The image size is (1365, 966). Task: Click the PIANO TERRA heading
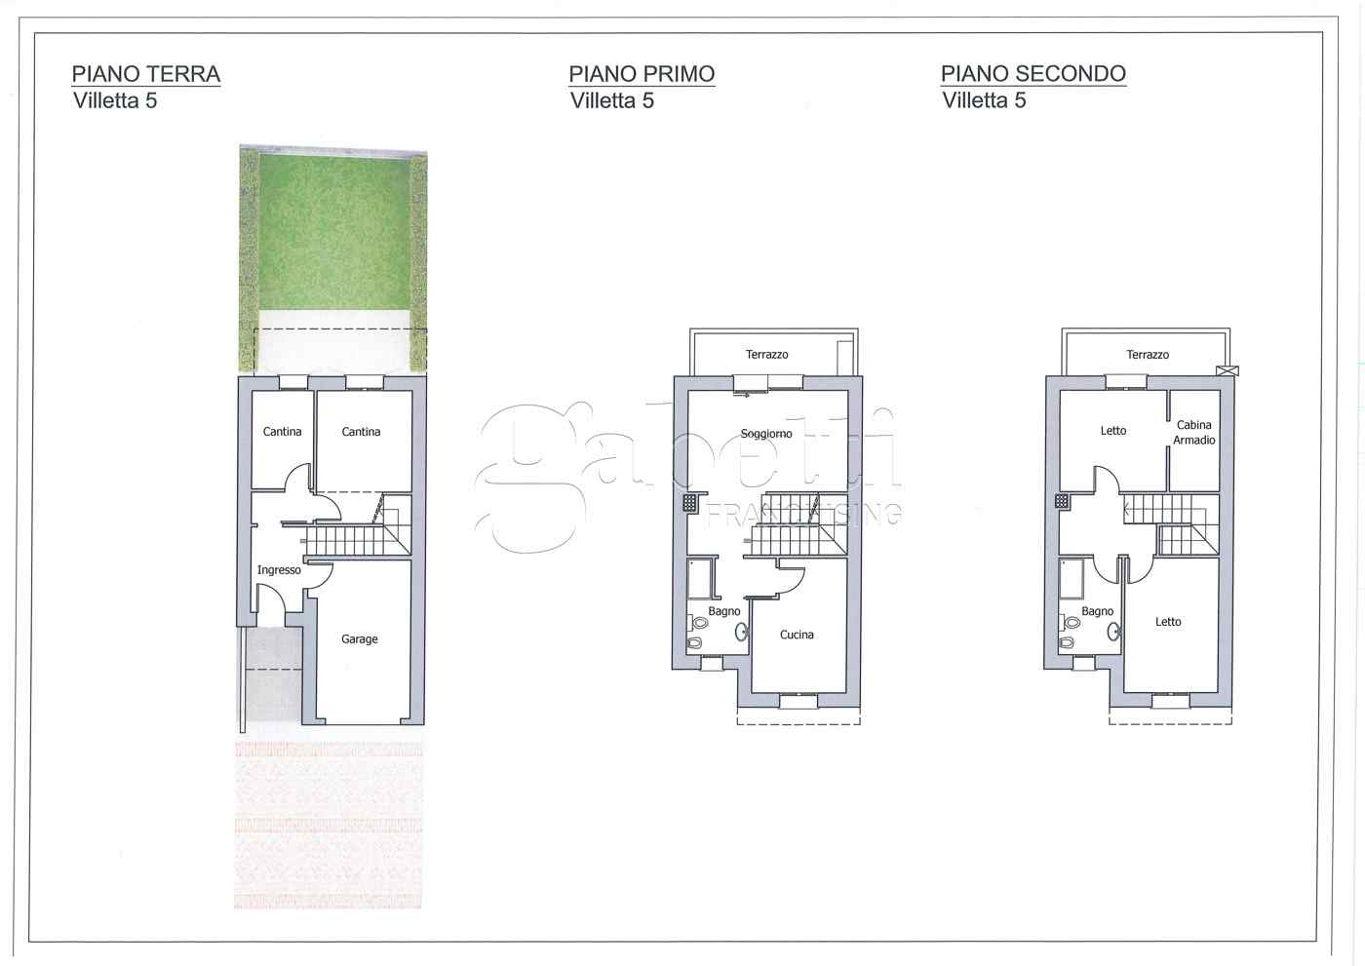pyautogui.click(x=146, y=74)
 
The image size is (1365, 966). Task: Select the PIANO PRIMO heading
pyautogui.click(x=642, y=74)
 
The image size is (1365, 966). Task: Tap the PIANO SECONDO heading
pyautogui.click(x=1033, y=74)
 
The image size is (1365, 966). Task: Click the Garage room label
pyautogui.click(x=360, y=639)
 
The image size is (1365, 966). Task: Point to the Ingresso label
pyautogui.click(x=279, y=570)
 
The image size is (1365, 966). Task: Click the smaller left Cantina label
pyautogui.click(x=283, y=432)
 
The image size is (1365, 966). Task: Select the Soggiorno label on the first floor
pyautogui.click(x=766, y=434)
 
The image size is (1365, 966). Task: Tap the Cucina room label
pyautogui.click(x=797, y=635)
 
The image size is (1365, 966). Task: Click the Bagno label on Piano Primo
pyautogui.click(x=724, y=611)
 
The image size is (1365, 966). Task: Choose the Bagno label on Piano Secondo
pyautogui.click(x=1097, y=611)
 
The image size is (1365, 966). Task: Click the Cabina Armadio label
pyautogui.click(x=1194, y=433)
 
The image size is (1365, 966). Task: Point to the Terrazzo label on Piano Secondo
pyautogui.click(x=1148, y=355)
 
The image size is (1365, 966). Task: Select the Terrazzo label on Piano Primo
pyautogui.click(x=767, y=355)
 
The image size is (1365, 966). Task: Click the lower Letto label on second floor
pyautogui.click(x=1168, y=622)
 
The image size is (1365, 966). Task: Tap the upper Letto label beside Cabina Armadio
pyautogui.click(x=1113, y=431)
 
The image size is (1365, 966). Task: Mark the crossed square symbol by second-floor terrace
pyautogui.click(x=1228, y=370)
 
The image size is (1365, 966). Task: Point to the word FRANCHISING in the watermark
pyautogui.click(x=803, y=514)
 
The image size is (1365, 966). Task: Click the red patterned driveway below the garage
pyautogui.click(x=329, y=824)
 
